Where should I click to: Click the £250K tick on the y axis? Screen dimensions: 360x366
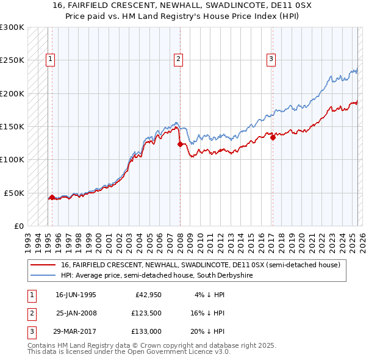coord(12,60)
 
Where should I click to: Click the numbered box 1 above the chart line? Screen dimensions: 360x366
coord(49,59)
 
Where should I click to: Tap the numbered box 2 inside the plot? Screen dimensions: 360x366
coord(178,59)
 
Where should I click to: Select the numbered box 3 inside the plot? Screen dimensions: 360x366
coord(271,59)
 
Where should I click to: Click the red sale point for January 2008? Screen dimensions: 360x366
coord(180,145)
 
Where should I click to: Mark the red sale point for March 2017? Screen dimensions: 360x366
coord(273,138)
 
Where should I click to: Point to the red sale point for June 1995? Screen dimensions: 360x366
coord(52,197)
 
